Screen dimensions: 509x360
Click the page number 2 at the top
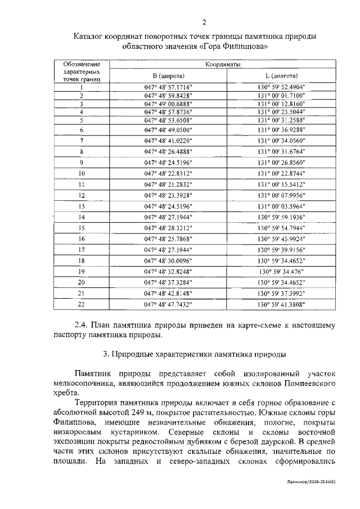pos(204,22)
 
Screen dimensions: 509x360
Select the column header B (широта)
pos(168,76)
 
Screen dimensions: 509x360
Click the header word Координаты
pos(223,65)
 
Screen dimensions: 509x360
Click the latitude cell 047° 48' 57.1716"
pos(168,88)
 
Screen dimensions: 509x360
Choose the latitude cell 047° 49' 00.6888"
pos(168,104)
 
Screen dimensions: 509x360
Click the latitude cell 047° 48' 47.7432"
pos(168,304)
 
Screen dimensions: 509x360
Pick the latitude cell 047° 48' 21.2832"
pos(168,184)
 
